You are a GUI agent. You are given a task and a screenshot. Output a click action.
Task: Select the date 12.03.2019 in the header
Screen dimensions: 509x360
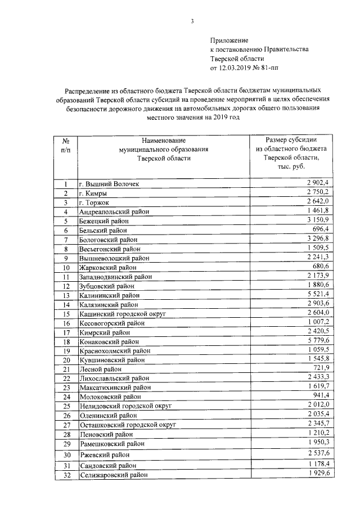click(235, 67)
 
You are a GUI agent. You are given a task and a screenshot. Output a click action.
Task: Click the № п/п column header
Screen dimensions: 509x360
click(66, 145)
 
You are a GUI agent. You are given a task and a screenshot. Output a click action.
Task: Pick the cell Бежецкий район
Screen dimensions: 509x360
click(104, 222)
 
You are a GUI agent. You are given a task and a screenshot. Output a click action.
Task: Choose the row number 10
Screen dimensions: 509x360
click(66, 267)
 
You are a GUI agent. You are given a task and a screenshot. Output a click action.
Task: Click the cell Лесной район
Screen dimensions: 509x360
click(100, 369)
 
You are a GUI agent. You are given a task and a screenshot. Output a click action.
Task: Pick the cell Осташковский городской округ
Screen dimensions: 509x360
click(128, 425)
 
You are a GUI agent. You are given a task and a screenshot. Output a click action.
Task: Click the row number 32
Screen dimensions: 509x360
click(66, 475)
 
